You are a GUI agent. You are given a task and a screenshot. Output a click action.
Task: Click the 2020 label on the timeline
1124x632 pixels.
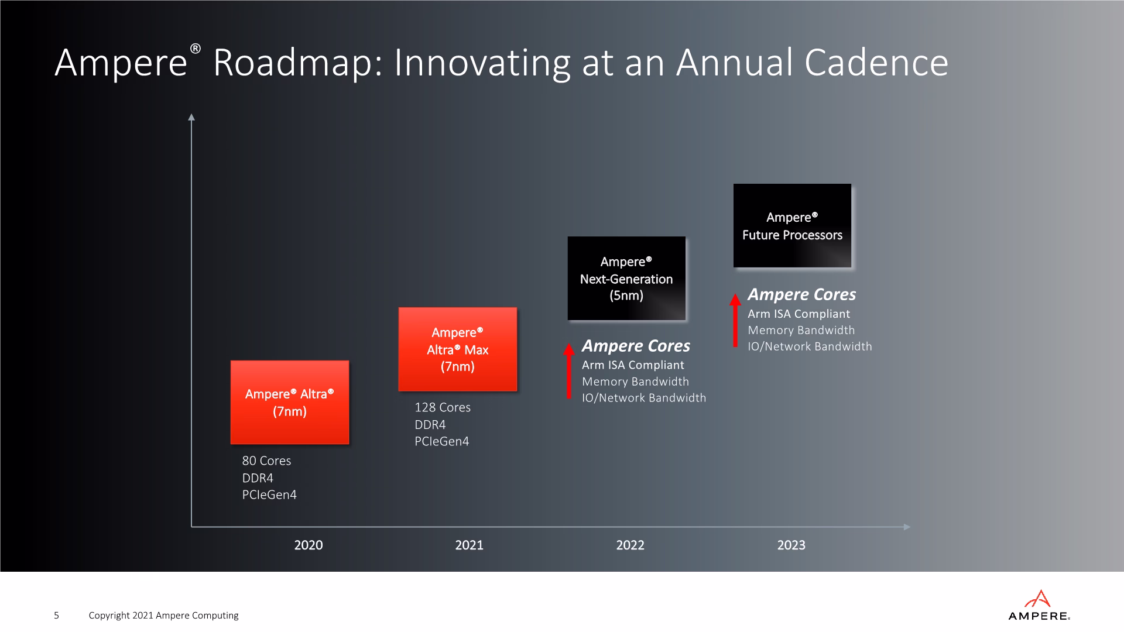tap(309, 545)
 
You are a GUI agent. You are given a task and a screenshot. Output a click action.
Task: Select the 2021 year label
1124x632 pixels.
tap(470, 545)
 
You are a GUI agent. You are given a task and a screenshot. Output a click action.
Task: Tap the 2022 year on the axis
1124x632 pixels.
tap(630, 545)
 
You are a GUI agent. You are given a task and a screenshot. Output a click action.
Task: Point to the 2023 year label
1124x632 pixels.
tap(791, 545)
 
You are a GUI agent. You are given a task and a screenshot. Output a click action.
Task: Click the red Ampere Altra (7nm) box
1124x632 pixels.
tap(290, 402)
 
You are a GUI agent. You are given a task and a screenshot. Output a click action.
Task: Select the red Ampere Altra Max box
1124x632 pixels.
tap(458, 349)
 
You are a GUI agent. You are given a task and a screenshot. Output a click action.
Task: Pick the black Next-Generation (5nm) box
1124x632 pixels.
tap(626, 278)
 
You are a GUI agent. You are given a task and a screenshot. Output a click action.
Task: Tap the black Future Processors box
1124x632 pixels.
tap(793, 225)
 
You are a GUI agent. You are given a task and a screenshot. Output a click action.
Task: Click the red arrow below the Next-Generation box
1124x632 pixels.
tap(568, 371)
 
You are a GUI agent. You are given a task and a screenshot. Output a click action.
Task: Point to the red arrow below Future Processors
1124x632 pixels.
tap(735, 320)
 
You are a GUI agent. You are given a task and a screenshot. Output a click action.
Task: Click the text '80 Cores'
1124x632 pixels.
tap(266, 461)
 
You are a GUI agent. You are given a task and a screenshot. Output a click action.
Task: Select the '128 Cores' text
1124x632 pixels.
tap(443, 407)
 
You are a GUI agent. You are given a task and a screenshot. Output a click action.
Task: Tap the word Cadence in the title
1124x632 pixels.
tap(876, 63)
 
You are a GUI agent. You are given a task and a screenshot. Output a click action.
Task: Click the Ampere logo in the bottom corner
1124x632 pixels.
tap(1039, 605)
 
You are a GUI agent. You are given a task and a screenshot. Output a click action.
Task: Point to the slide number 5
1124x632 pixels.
tap(56, 615)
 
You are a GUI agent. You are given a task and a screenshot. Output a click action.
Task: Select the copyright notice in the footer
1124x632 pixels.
tap(163, 616)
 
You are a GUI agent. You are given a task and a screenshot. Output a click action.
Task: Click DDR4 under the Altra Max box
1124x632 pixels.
tap(430, 424)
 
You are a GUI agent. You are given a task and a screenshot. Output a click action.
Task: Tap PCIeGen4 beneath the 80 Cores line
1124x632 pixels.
tap(269, 494)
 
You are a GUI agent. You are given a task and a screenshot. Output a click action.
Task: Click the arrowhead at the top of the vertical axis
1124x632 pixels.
tap(191, 116)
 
